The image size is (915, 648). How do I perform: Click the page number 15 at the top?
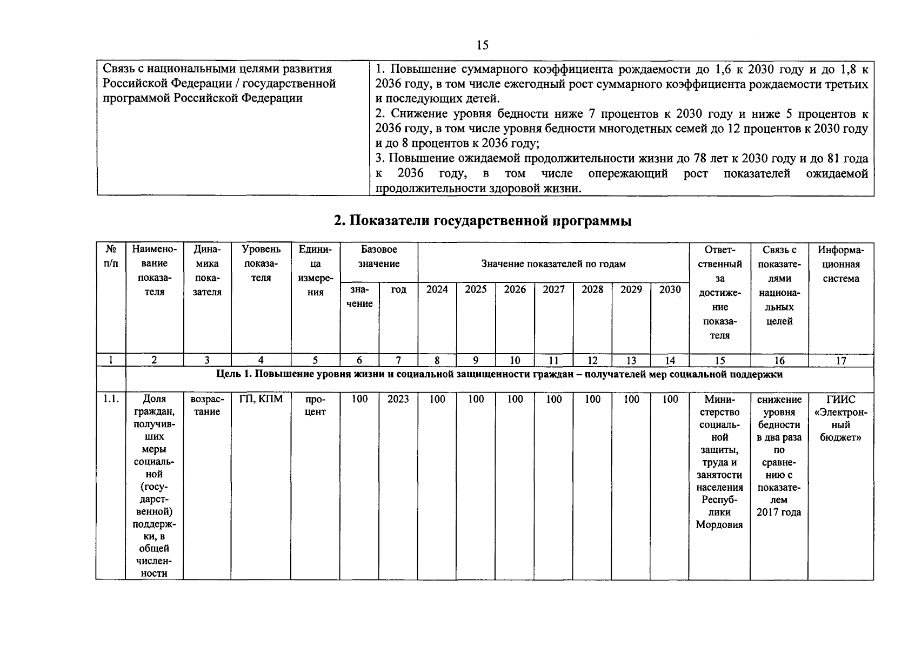(x=483, y=45)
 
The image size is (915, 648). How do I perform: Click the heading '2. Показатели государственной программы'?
(x=483, y=221)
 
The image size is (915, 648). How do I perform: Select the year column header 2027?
(x=553, y=290)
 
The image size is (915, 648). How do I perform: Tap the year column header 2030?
(x=670, y=290)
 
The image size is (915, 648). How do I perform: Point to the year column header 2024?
(x=437, y=290)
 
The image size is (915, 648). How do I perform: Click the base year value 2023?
(x=398, y=400)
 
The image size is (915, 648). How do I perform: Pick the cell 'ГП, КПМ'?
(x=261, y=400)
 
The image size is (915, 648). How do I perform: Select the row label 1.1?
(x=111, y=400)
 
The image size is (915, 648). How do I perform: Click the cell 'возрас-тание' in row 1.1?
(x=207, y=406)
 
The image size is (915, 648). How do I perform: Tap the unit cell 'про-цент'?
(x=316, y=406)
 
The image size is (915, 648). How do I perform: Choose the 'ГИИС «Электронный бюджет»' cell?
(x=840, y=418)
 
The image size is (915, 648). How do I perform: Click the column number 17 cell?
(x=840, y=361)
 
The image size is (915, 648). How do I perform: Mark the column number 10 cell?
(x=515, y=361)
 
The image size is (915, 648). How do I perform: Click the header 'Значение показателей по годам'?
(x=553, y=264)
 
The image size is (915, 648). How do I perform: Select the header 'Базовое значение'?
(x=379, y=256)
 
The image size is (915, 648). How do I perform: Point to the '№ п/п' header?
(x=111, y=256)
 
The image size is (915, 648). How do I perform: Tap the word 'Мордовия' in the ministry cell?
(x=719, y=525)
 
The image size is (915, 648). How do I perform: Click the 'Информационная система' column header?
(x=840, y=264)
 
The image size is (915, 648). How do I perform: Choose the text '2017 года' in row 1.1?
(x=779, y=512)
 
